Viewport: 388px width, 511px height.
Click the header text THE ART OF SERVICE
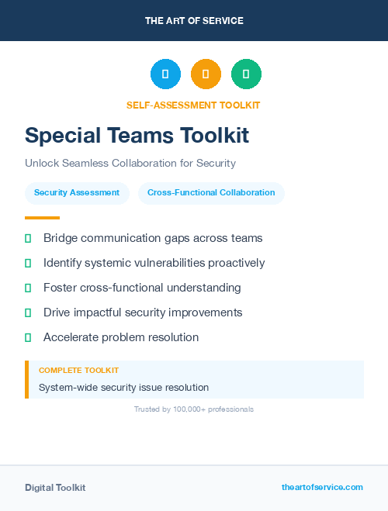pos(194,21)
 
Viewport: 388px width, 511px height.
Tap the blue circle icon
pos(165,74)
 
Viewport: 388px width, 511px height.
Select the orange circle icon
pos(206,74)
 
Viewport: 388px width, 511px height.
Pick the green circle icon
pos(246,74)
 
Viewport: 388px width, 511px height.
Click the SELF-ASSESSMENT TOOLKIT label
pos(193,105)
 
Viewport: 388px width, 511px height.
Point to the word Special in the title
pos(64,136)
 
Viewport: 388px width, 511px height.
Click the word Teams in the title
pos(141,136)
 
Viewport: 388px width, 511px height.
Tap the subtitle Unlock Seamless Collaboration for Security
pos(130,164)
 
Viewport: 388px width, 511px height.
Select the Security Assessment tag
pos(77,193)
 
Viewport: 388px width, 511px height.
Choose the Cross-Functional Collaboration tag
pos(211,193)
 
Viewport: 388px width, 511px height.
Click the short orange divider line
pos(42,218)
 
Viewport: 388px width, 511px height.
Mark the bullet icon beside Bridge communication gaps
pos(28,238)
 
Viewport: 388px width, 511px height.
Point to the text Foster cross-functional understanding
pos(142,288)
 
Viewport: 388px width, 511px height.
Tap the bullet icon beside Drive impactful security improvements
pos(28,312)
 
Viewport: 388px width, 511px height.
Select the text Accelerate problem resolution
pos(121,337)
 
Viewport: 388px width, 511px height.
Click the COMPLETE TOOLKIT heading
pos(79,371)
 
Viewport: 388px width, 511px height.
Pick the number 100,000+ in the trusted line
pos(192,409)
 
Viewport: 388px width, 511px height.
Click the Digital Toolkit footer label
pos(55,488)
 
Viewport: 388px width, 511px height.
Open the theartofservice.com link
pos(322,487)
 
